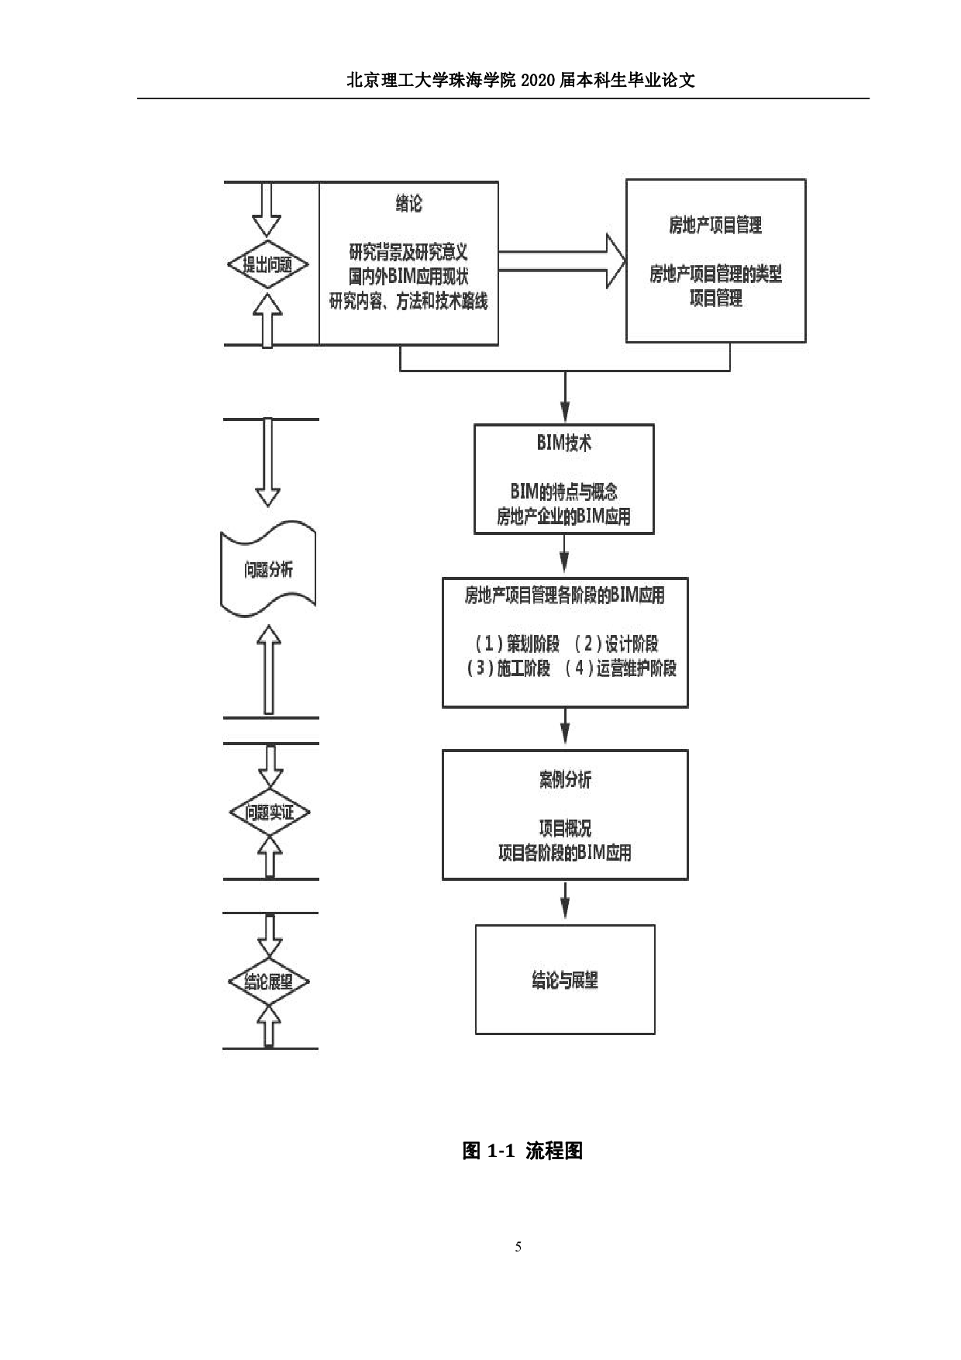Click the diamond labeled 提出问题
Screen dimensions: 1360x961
click(268, 265)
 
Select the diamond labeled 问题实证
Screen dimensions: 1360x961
click(269, 813)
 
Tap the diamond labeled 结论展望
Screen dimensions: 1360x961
click(269, 982)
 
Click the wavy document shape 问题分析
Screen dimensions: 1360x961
click(268, 571)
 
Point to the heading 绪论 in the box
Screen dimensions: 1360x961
click(408, 204)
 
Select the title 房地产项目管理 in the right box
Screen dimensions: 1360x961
click(715, 226)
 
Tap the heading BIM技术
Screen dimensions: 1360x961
click(563, 444)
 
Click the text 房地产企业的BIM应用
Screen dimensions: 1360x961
click(563, 516)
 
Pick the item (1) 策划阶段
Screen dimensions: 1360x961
click(516, 644)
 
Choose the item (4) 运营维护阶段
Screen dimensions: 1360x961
click(621, 668)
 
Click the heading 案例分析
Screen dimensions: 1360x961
click(564, 780)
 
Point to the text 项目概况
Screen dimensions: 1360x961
click(564, 828)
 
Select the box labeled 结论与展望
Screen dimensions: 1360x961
click(564, 979)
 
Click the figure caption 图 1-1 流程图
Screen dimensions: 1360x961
click(522, 1151)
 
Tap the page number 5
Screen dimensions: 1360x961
click(518, 1247)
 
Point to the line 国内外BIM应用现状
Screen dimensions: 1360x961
click(408, 276)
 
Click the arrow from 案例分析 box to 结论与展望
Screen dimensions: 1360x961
click(564, 901)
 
